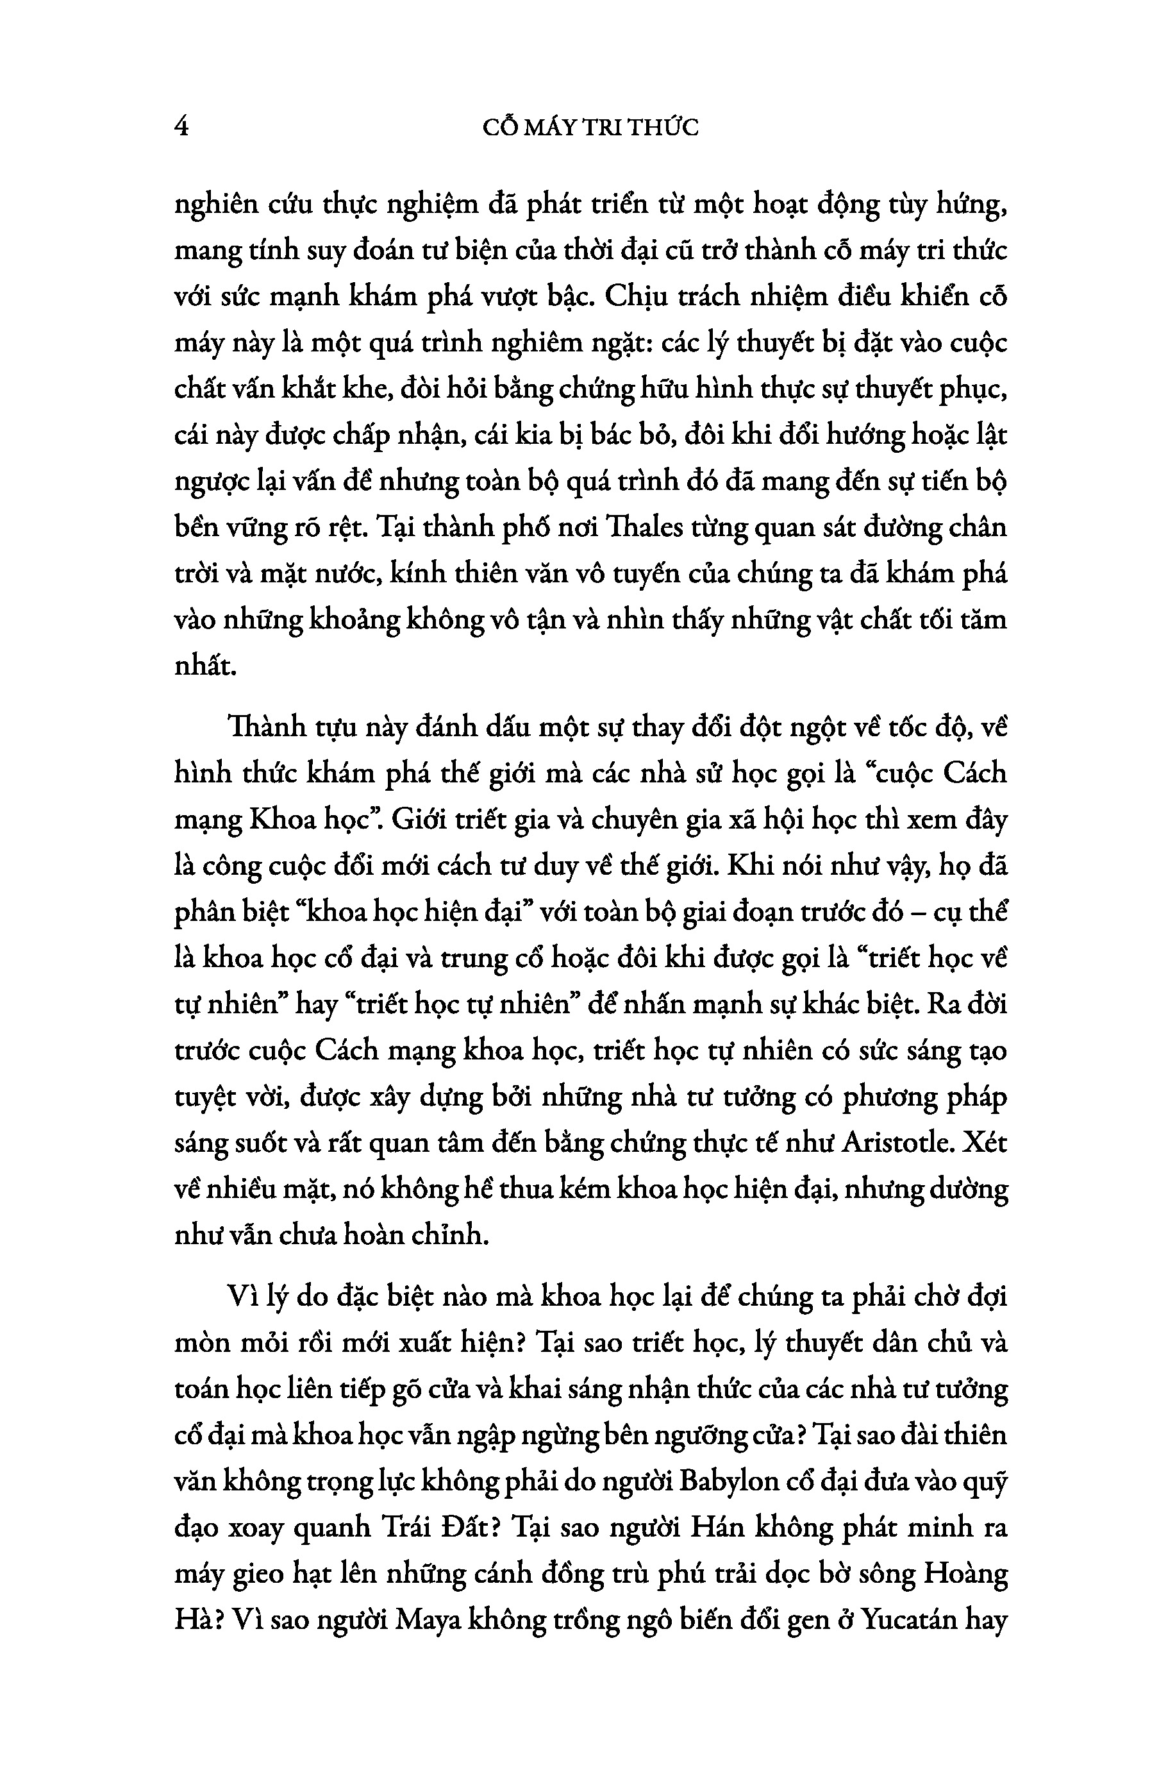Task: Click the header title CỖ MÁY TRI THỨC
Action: point(590,128)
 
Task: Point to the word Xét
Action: point(984,1143)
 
